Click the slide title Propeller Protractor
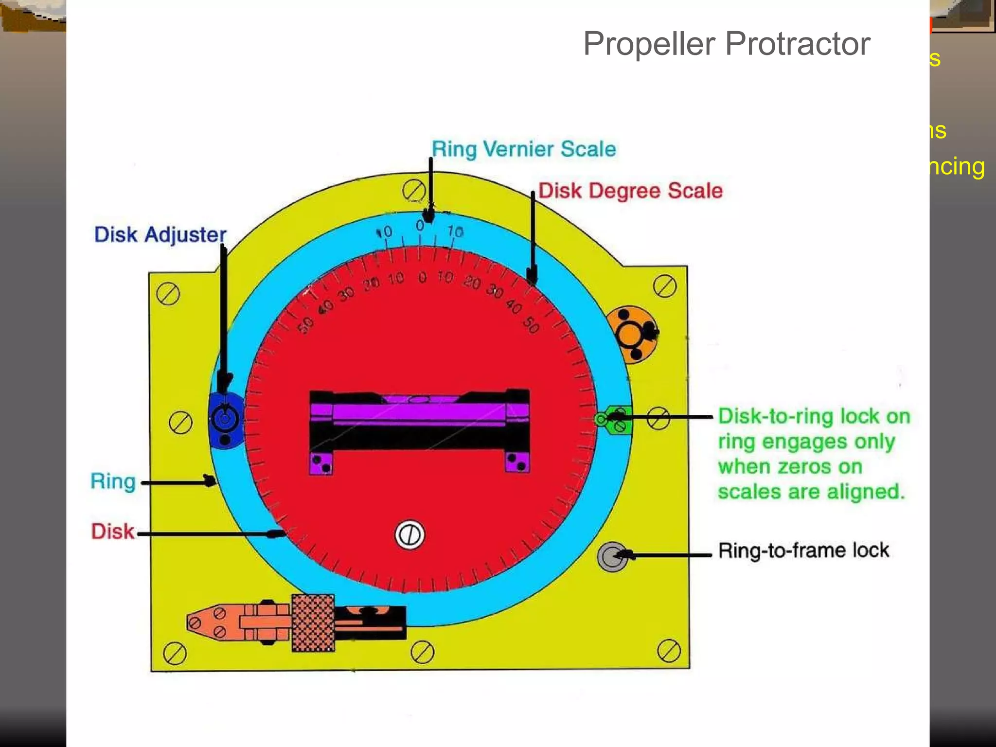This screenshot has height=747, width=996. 726,44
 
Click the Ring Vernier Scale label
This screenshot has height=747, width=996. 524,149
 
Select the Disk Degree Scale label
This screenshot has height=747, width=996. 630,191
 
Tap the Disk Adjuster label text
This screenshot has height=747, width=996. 160,235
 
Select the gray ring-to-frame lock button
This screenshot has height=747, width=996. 611,556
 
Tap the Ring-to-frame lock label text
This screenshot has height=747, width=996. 803,551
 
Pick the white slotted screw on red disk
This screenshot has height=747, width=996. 409,535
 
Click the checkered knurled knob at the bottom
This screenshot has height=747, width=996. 313,623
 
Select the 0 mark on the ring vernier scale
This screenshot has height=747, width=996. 420,226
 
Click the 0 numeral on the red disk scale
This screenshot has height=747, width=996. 422,278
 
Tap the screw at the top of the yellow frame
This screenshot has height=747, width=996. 413,190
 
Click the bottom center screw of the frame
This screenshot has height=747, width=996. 422,652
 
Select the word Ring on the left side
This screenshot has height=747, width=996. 113,481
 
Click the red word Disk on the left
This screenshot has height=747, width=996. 112,532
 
